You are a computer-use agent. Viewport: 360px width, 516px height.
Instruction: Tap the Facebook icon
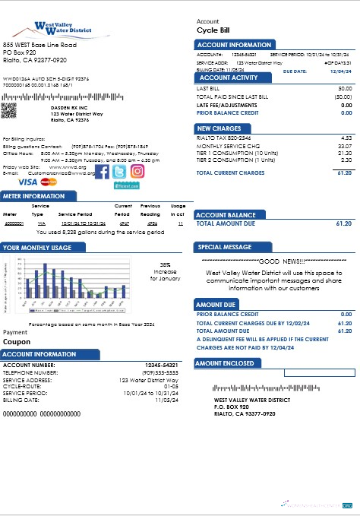[100, 173]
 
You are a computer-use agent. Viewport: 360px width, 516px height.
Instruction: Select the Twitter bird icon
[119, 173]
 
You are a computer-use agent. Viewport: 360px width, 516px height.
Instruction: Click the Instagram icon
[137, 172]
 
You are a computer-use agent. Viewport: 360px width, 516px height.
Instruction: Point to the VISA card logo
[27, 182]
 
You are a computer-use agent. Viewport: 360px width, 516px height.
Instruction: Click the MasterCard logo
[49, 183]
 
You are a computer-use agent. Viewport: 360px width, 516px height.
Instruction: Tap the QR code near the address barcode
[9, 109]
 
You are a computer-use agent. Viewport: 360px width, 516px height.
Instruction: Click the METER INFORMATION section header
[34, 196]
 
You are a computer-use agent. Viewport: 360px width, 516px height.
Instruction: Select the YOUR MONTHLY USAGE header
[37, 248]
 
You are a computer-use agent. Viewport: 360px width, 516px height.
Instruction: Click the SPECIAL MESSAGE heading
[225, 248]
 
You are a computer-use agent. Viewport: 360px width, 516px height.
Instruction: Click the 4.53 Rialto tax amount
[346, 138]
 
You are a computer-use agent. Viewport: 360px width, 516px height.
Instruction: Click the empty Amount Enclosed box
[318, 373]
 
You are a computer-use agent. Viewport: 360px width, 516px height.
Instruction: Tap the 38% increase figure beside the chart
[165, 264]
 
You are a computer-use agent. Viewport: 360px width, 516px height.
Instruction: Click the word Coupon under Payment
[17, 342]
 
